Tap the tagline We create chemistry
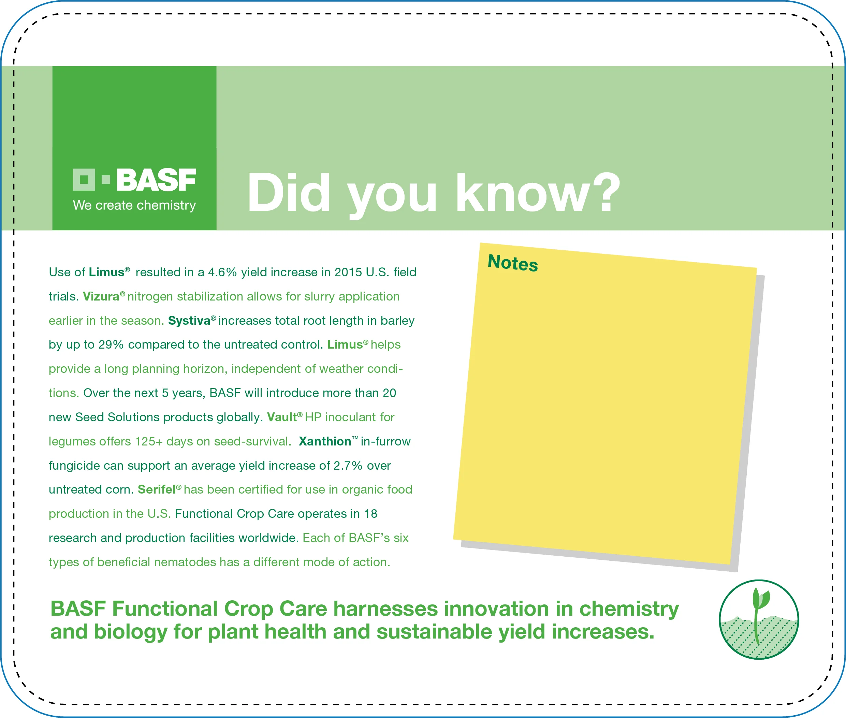click(x=134, y=205)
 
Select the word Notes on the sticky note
click(x=513, y=263)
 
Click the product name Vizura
click(x=101, y=296)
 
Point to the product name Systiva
click(x=189, y=321)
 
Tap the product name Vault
click(x=282, y=417)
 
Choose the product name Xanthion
click(x=324, y=441)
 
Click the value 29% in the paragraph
click(x=111, y=345)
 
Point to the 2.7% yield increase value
click(x=348, y=465)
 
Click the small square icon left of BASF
click(x=84, y=179)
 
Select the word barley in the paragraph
click(x=397, y=321)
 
